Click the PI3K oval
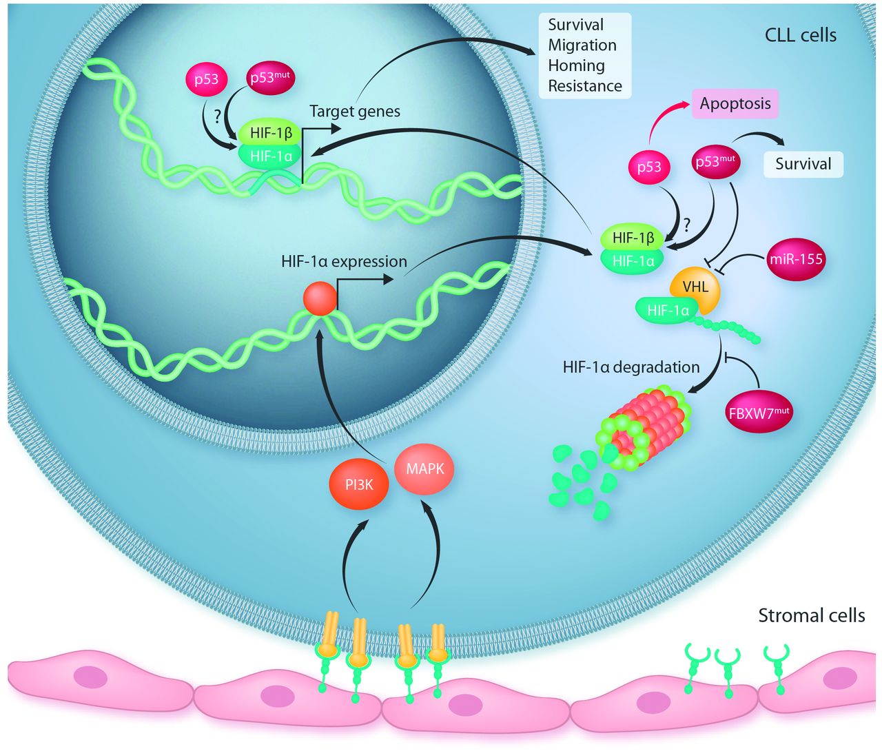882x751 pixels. (359, 485)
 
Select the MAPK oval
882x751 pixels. (424, 469)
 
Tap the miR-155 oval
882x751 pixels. (796, 260)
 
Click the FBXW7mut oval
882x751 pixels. (759, 413)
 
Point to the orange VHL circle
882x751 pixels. (695, 287)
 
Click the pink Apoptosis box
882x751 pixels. (735, 104)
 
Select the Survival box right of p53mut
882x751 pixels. (803, 164)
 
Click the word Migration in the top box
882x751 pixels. (582, 45)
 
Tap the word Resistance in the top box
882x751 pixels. (585, 86)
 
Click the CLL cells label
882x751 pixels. (801, 35)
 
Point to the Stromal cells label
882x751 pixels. (811, 615)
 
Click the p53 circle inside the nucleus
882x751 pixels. (206, 79)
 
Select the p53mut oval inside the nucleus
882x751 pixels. (269, 77)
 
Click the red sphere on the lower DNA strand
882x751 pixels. (320, 299)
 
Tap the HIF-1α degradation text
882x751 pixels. (630, 367)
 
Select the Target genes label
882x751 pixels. (354, 111)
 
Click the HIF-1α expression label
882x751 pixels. (344, 262)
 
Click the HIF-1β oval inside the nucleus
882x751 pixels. (271, 133)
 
